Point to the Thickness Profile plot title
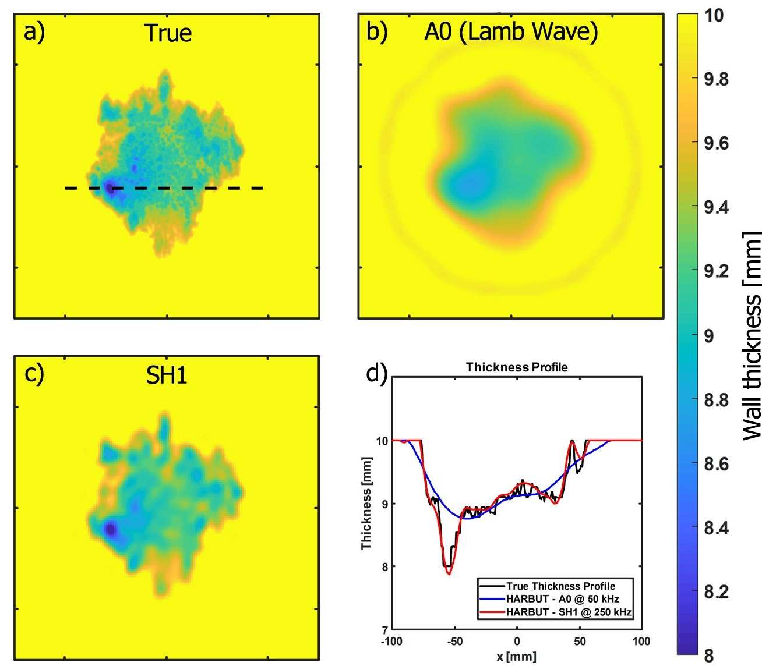(x=516, y=367)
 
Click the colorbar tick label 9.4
(x=716, y=207)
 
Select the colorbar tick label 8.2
(x=716, y=591)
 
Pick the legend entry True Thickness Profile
(x=560, y=586)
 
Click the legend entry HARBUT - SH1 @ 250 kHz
(x=569, y=612)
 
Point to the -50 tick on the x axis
(x=454, y=642)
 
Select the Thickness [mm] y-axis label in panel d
(x=366, y=504)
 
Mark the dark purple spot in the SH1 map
(x=110, y=529)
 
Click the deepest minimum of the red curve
(x=449, y=574)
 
